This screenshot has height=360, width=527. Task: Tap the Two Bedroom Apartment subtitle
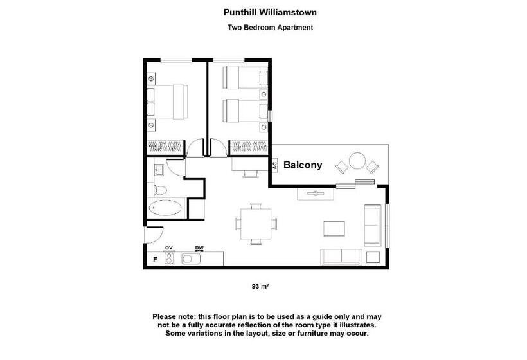coord(270,28)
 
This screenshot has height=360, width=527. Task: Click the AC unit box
coord(274,165)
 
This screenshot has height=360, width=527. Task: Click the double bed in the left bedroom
coord(168,102)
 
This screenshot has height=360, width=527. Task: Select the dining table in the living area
coord(255,223)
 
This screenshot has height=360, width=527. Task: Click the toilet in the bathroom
coord(161,190)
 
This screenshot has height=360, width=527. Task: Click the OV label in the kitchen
coord(170,248)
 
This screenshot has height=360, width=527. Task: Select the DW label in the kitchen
coord(199,248)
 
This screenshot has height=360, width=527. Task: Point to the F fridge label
coord(155,260)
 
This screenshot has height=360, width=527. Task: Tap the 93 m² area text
coord(260,287)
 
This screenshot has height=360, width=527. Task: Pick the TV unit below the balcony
coord(315,193)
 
